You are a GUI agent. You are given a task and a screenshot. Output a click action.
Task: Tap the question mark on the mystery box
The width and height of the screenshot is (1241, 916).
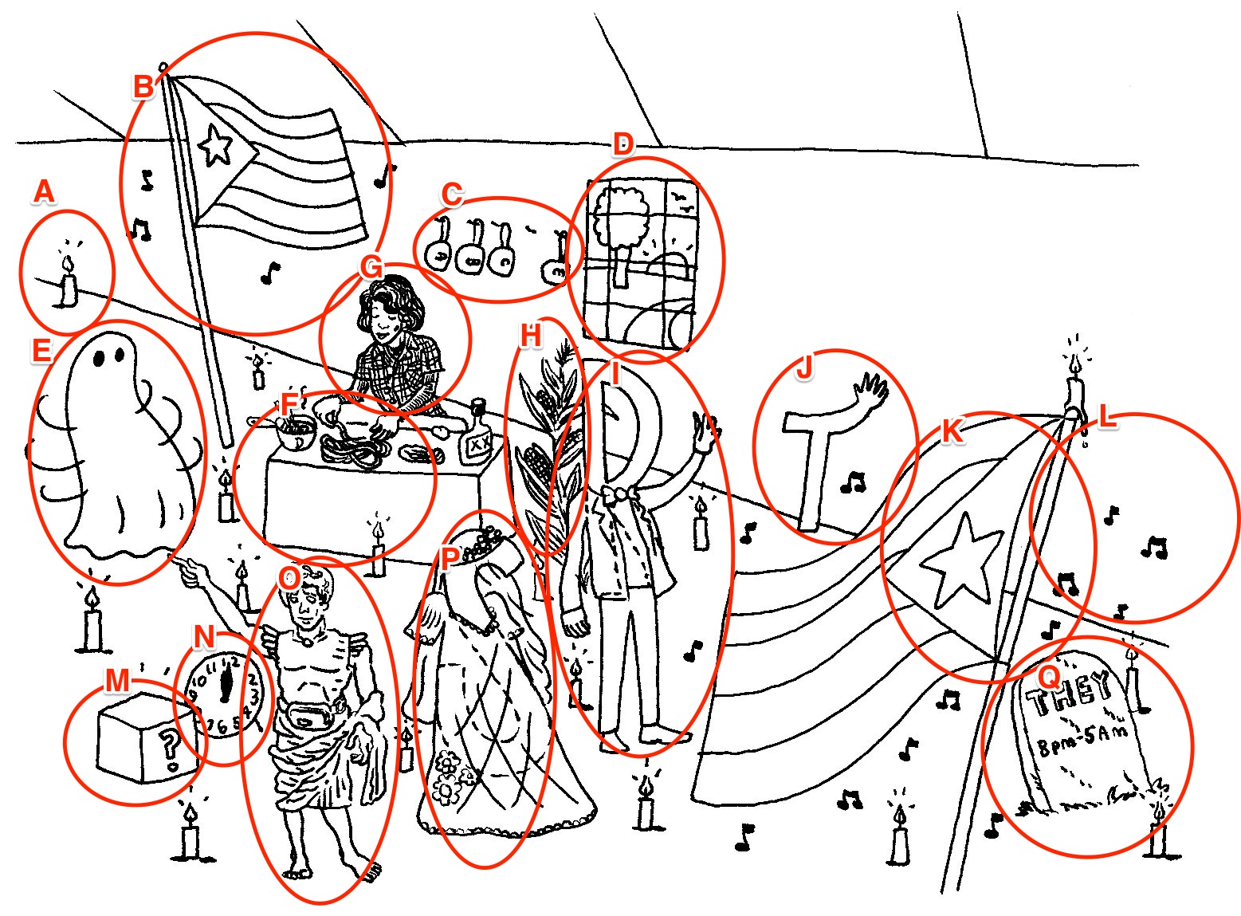click(169, 745)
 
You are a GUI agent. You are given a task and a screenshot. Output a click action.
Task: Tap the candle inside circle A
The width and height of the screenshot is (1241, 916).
click(69, 283)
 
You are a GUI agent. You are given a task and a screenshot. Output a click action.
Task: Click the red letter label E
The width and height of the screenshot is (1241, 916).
click(41, 351)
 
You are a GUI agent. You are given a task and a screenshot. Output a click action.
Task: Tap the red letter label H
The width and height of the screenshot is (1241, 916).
click(530, 336)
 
